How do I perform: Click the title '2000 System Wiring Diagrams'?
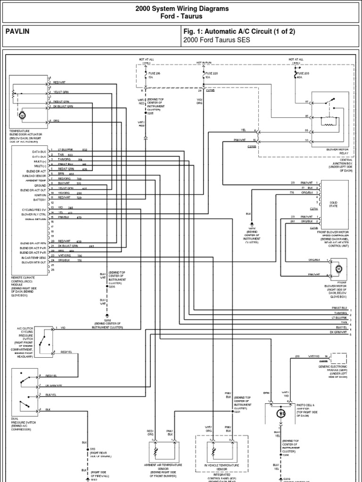182,8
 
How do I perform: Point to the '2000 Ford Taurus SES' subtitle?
216,40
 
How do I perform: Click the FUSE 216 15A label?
154,76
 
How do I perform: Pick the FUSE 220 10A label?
210,76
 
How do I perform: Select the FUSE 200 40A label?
300,76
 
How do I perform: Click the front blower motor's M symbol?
338,269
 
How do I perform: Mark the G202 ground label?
107,323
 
